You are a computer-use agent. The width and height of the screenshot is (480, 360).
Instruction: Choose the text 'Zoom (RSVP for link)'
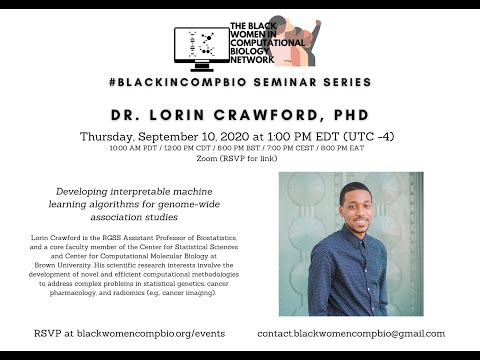point(239,160)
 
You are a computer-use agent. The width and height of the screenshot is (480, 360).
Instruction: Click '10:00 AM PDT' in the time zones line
point(113,149)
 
